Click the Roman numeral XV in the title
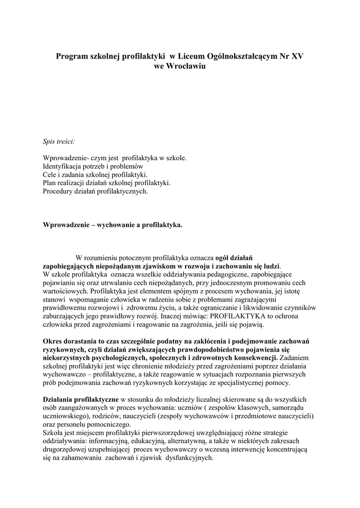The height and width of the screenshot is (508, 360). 297,57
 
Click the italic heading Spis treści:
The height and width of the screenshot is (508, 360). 59,141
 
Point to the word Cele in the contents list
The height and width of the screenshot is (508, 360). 50,175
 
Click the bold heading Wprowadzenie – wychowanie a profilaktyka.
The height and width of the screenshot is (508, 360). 113,225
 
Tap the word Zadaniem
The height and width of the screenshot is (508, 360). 295,357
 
